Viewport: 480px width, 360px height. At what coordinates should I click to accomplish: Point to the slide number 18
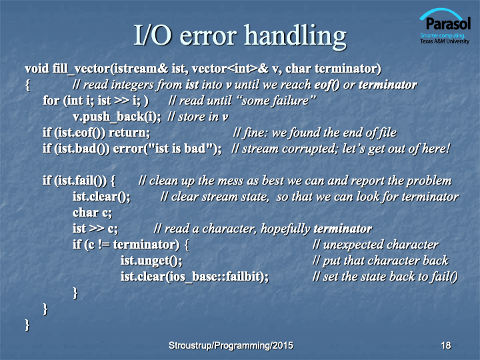446,345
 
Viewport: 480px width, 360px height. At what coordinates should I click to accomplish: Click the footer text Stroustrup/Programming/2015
231,345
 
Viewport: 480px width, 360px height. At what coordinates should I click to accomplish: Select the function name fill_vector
81,69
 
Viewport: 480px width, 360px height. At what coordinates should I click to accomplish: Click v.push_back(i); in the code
117,117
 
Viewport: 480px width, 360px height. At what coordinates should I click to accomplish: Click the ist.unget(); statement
151,261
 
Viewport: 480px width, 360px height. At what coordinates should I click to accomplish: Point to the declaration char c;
92,213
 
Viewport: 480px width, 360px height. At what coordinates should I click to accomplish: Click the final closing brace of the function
27,325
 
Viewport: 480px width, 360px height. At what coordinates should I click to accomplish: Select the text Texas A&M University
445,41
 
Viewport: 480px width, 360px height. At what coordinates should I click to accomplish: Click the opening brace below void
27,85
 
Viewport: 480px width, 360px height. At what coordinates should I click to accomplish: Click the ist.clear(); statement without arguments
101,197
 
